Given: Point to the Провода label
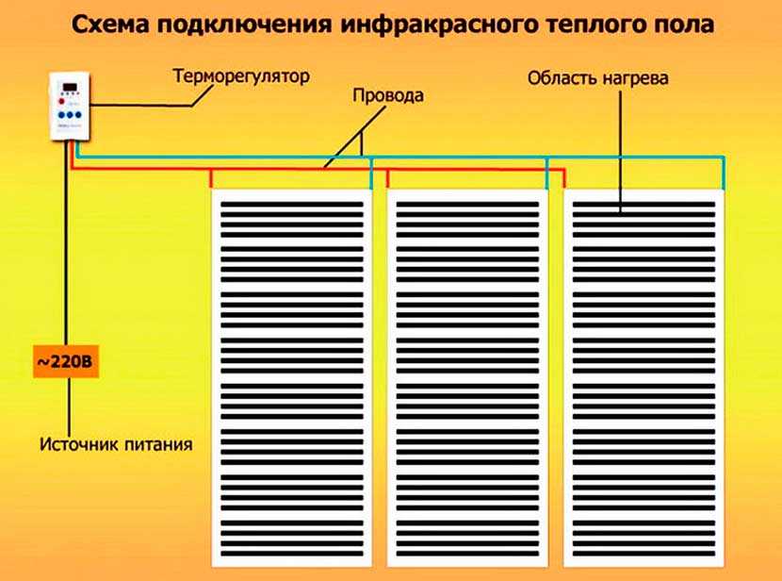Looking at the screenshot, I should click(x=387, y=95).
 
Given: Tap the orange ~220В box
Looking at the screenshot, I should click(x=65, y=364).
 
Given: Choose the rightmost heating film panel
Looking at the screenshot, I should click(x=644, y=377).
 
